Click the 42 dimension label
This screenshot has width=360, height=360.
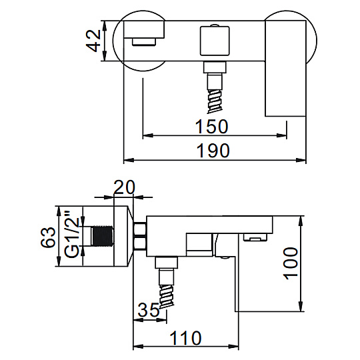tap(93, 41)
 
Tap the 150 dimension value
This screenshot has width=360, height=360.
tap(212, 127)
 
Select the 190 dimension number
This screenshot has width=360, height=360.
tap(213, 151)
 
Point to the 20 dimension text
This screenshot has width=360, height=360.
tap(124, 187)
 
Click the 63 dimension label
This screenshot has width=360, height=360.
tap(48, 237)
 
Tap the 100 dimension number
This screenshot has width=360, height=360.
tap(291, 263)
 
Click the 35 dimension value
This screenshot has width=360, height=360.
tap(148, 310)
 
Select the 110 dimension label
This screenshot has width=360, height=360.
tap(185, 338)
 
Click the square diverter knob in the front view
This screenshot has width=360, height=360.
tap(215, 41)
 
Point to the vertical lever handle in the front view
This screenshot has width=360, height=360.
tap(285, 69)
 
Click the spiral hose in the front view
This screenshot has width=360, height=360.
tap(215, 101)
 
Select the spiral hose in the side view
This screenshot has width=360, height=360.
tap(167, 296)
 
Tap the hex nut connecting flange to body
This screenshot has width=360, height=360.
tap(139, 236)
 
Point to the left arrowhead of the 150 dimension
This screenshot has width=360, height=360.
tap(148, 135)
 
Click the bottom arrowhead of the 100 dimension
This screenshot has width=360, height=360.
tap(300, 306)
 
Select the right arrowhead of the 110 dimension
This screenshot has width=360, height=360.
tap(233, 347)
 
